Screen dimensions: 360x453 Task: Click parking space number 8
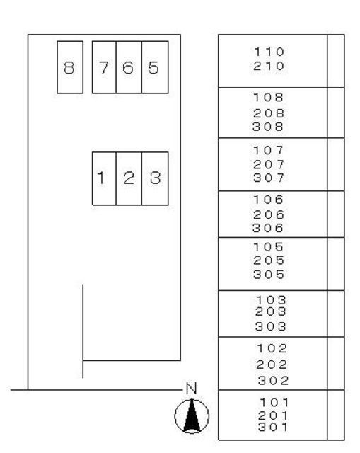pyautogui.click(x=70, y=67)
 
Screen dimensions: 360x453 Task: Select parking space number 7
pyautogui.click(x=104, y=67)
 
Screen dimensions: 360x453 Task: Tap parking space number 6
pyautogui.click(x=129, y=67)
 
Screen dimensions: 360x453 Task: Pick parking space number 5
pyautogui.click(x=155, y=67)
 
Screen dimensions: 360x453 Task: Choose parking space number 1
pyautogui.click(x=104, y=178)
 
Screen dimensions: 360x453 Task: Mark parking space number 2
pyautogui.click(x=129, y=178)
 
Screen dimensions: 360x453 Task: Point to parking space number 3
pyautogui.click(x=155, y=178)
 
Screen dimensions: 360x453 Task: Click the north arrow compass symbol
pyautogui.click(x=192, y=416)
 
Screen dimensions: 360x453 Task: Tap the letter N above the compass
pyautogui.click(x=192, y=389)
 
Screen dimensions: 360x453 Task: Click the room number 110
pyautogui.click(x=269, y=52)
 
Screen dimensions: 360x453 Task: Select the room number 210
pyautogui.click(x=269, y=66)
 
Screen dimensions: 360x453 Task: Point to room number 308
pyautogui.click(x=268, y=127)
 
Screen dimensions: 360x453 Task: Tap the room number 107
pyautogui.click(x=269, y=150)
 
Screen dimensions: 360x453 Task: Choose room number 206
pyautogui.click(x=269, y=214)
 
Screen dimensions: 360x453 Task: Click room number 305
pyautogui.click(x=269, y=275)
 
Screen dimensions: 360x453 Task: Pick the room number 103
pyautogui.click(x=271, y=300)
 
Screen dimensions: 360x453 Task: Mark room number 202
pyautogui.click(x=272, y=365)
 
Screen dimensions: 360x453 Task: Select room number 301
pyautogui.click(x=273, y=427)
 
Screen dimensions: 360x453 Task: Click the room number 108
pyautogui.click(x=269, y=98)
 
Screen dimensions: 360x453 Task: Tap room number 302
pyautogui.click(x=274, y=381)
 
